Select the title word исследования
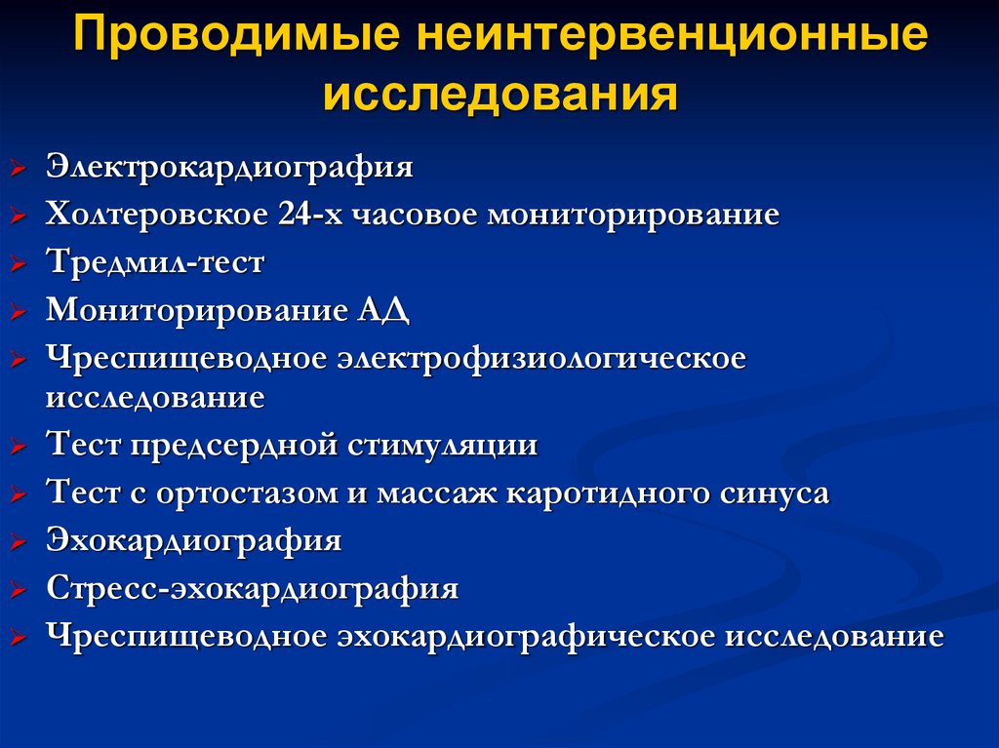point(500,97)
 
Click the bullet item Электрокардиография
point(229,167)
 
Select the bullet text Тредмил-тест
point(155,262)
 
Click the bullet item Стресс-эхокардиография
point(252,589)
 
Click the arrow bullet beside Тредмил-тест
point(20,264)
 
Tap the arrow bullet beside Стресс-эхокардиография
point(20,591)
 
